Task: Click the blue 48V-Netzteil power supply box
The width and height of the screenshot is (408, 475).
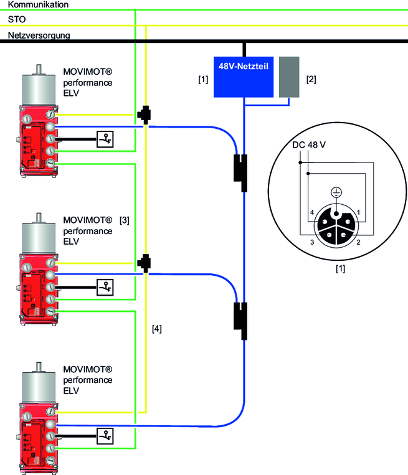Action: point(244,77)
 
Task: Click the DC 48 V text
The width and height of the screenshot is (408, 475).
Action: point(310,146)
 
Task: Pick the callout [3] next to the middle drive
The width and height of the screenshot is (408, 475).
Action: point(125,220)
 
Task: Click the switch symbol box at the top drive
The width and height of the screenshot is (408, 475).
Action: point(106,139)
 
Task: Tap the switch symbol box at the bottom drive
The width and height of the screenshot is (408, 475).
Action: point(106,434)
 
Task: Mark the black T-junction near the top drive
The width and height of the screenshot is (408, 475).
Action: point(144,113)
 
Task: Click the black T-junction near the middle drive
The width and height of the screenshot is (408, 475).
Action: point(144,261)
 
